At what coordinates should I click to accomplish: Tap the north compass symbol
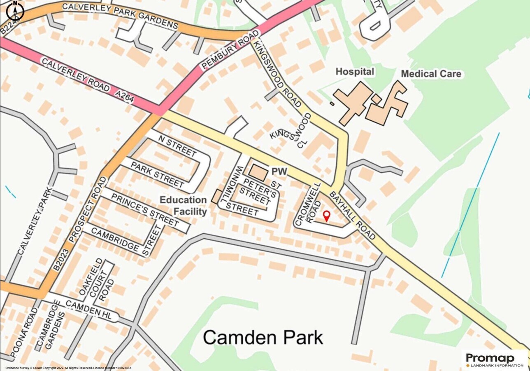click(x=15, y=11)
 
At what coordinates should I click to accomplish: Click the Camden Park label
click(x=263, y=337)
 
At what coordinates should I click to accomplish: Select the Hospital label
click(x=355, y=72)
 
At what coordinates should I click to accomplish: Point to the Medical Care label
click(x=431, y=74)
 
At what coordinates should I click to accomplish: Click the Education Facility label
click(x=183, y=206)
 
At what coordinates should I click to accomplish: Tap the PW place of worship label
click(x=279, y=171)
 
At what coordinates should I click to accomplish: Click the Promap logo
click(x=494, y=360)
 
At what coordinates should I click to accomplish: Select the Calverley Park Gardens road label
click(x=120, y=16)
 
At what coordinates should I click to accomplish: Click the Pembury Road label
click(x=230, y=49)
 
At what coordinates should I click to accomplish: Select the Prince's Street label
click(x=144, y=209)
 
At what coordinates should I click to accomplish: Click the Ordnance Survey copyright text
click(x=66, y=368)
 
